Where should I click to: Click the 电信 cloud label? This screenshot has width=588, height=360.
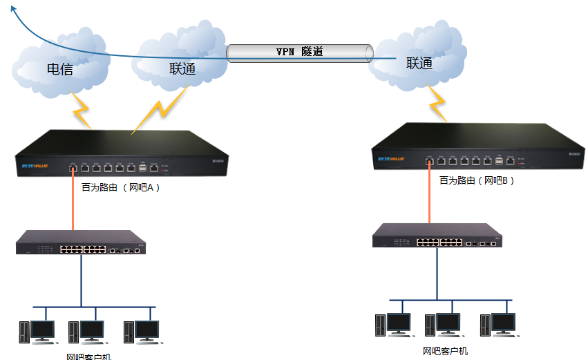[60, 69]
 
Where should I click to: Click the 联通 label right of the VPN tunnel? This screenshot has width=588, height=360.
[419, 64]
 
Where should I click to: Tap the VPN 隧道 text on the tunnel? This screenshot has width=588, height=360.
[300, 52]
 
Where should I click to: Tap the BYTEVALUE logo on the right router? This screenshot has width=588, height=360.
[392, 160]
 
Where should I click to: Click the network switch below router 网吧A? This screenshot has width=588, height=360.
[81, 243]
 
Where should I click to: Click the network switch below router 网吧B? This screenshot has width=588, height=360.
[437, 236]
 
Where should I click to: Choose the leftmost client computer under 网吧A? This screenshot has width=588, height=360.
[35, 332]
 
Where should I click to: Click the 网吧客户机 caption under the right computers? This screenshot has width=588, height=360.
[445, 351]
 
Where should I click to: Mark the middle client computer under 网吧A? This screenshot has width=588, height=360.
[86, 332]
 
